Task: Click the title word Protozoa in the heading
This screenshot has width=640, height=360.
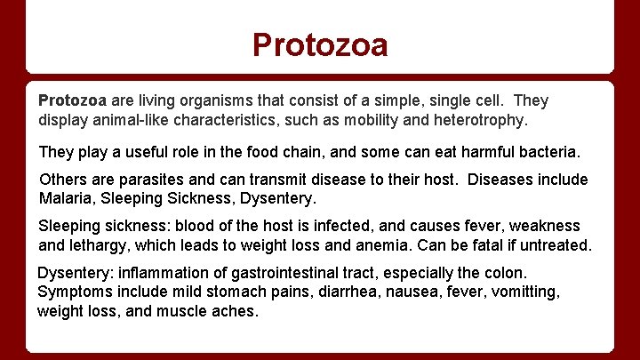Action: tap(320, 44)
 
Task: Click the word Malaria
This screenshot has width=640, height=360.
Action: tap(68, 198)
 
